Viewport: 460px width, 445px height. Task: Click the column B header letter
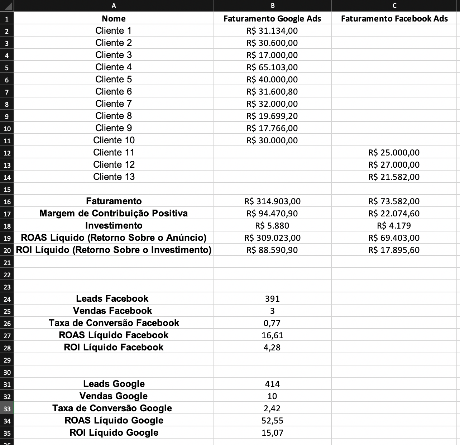(273, 6)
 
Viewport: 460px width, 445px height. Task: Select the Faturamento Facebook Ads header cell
(394, 19)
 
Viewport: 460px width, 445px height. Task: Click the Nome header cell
(114, 19)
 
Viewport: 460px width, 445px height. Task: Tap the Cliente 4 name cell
(114, 67)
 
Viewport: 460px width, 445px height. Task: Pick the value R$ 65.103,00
(272, 67)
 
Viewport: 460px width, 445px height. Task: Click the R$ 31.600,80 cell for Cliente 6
(272, 92)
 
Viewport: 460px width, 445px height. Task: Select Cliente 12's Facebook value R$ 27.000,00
(394, 165)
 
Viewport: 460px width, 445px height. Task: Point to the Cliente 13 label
(114, 177)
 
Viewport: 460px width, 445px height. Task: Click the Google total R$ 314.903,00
(272, 201)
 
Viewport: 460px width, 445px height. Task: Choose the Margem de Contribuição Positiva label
(114, 213)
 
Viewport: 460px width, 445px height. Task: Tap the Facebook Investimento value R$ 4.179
(394, 226)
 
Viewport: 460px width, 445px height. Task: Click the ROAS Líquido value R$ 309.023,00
(272, 238)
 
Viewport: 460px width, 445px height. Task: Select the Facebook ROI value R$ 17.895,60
(394, 250)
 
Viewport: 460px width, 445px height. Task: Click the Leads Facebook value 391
(272, 299)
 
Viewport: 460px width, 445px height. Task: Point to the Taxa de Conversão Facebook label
(114, 323)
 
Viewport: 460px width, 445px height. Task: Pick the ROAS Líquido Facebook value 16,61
(272, 335)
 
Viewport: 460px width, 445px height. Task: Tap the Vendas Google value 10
(272, 396)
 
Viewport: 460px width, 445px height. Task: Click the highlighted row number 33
(7, 408)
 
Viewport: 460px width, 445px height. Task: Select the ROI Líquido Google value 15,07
(272, 433)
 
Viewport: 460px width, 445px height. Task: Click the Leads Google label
(114, 384)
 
